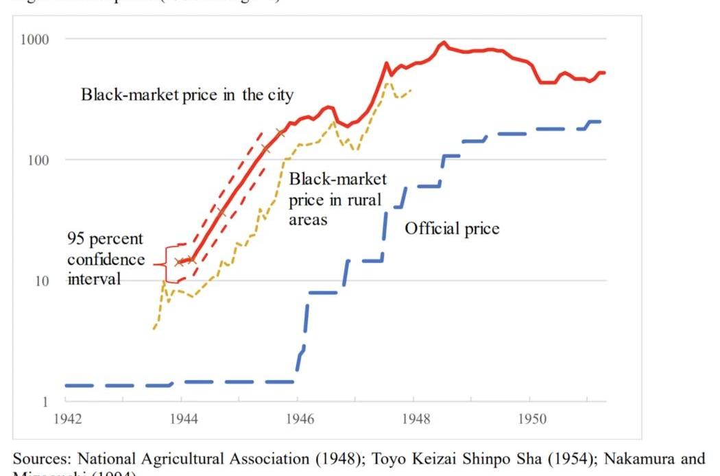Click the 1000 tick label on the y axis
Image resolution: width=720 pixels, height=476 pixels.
tap(33, 39)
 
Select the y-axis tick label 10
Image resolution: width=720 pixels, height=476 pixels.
tap(41, 281)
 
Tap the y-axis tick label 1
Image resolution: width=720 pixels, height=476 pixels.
tap(46, 402)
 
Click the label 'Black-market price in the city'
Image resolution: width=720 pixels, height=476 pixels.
tap(187, 95)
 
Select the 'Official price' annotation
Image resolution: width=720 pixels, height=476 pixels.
tap(451, 228)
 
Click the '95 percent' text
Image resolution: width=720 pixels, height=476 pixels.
tap(105, 239)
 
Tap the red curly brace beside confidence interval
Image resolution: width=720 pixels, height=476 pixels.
tap(163, 263)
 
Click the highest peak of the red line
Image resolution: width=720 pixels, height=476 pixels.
tap(443, 43)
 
